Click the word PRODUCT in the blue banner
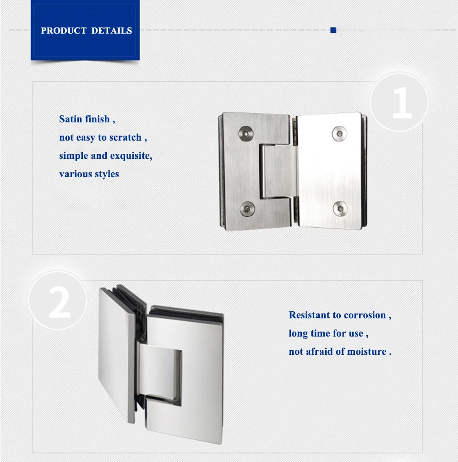coord(64,31)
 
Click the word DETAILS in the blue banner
coord(112,31)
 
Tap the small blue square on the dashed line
coord(333,30)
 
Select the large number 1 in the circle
coord(402,103)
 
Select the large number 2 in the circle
coord(60,302)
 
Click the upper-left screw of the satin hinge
coord(246,133)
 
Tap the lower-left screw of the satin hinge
coord(248,209)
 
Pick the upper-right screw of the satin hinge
coord(339,134)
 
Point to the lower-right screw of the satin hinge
coord(340,209)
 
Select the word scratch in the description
coord(125,138)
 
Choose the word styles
coord(107,174)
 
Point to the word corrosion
coord(365,315)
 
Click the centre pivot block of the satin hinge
coord(278,172)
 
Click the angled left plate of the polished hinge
coord(117,355)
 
